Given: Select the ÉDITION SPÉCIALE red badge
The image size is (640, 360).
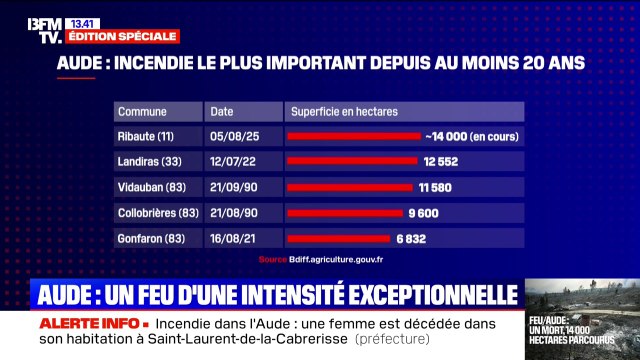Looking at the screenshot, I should click(122, 36).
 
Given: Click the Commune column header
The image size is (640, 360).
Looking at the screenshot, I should click(142, 111).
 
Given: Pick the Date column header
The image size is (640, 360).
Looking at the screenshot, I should click(223, 111).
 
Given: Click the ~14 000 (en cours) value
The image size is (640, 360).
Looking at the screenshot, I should click(471, 136).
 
